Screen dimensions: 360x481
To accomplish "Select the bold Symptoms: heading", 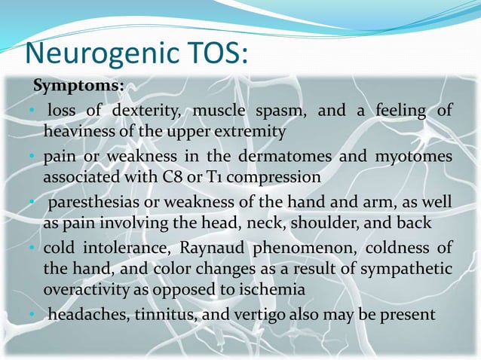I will point(78,86).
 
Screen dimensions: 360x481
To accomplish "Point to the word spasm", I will point(280,111).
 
